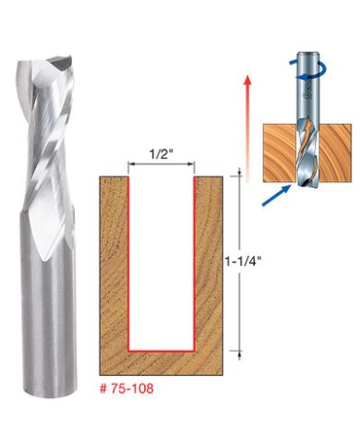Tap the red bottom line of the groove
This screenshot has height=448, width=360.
(161, 351)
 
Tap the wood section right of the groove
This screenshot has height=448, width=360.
(210, 268)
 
